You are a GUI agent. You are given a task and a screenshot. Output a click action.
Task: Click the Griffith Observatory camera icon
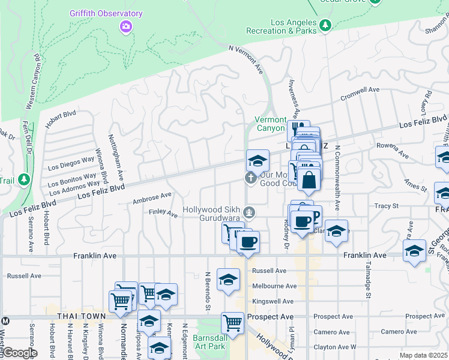pyautogui.click(x=125, y=26)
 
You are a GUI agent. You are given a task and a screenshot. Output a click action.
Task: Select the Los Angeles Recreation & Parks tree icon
pyautogui.click(x=325, y=25)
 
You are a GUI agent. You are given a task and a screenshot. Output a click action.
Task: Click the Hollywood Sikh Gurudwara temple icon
pyautogui.click(x=250, y=212)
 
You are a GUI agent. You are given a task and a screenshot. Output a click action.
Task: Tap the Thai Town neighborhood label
pyautogui.click(x=81, y=316)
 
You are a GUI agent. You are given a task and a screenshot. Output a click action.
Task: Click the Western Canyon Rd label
pyautogui.click(x=33, y=81)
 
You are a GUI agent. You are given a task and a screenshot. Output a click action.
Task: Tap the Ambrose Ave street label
pyautogui.click(x=152, y=196)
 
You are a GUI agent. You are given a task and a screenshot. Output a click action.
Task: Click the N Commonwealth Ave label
pyautogui.click(x=337, y=178)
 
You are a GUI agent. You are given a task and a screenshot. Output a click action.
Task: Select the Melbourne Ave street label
pyautogui.click(x=274, y=286)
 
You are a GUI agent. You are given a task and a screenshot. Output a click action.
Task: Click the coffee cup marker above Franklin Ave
pyautogui.click(x=247, y=242)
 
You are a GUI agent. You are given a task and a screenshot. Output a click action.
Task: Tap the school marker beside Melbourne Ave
pyautogui.click(x=228, y=279)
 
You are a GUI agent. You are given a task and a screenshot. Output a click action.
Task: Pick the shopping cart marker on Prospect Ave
pyautogui.click(x=232, y=323)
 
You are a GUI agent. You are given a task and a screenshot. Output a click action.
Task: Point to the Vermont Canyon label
pyautogui.click(x=270, y=124)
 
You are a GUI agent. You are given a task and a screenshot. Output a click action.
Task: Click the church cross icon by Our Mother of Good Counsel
pyautogui.click(x=250, y=178)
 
